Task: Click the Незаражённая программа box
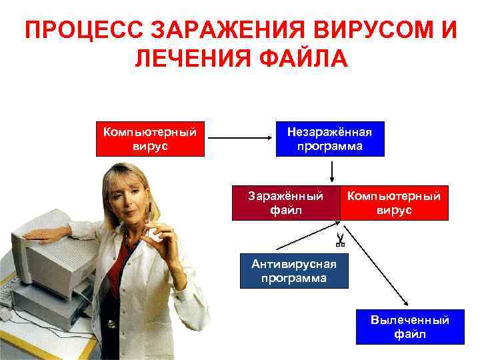[330, 139]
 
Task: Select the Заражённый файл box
[285, 203]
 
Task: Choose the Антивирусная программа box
[294, 271]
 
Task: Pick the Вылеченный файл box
[409, 327]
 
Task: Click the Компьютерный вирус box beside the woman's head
[149, 139]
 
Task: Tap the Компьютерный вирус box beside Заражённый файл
[394, 203]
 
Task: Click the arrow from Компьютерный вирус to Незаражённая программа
[240, 139]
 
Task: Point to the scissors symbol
[339, 239]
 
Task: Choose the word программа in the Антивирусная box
[294, 278]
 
